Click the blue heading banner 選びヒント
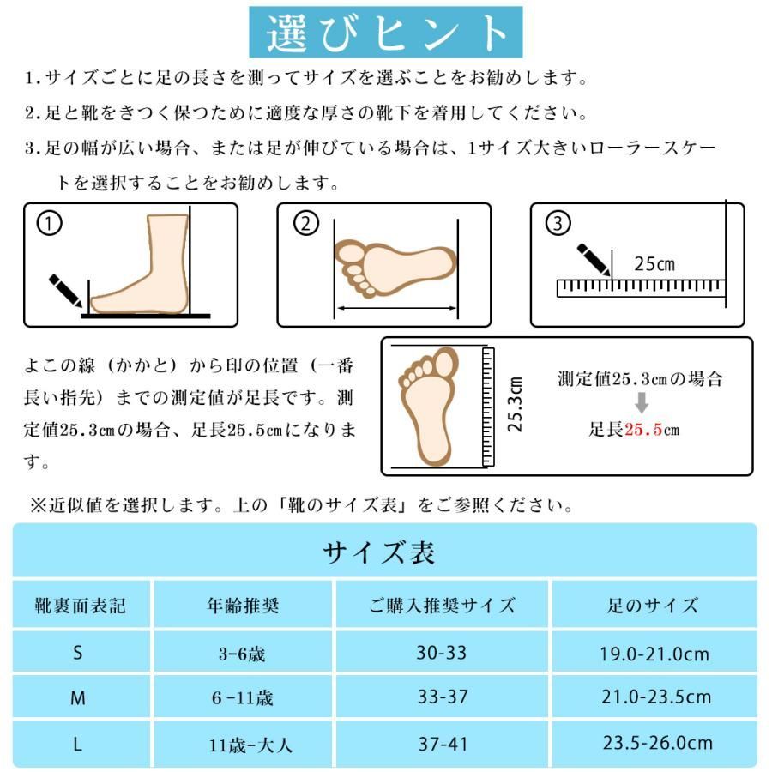pyautogui.click(x=385, y=33)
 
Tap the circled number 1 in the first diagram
pyautogui.click(x=50, y=224)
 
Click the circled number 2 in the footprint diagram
pyautogui.click(x=305, y=224)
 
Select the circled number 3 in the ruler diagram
pyautogui.click(x=558, y=224)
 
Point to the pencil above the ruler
pyautogui.click(x=594, y=259)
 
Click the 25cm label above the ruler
pyautogui.click(x=654, y=264)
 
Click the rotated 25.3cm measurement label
pyautogui.click(x=515, y=405)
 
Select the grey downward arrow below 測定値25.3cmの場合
pyautogui.click(x=641, y=403)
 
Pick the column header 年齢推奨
pyautogui.click(x=244, y=606)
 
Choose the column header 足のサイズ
pyautogui.click(x=655, y=606)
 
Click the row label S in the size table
pyautogui.click(x=78, y=653)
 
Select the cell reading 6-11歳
pyautogui.click(x=243, y=698)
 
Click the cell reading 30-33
pyautogui.click(x=442, y=653)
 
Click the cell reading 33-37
pyautogui.click(x=442, y=697)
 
